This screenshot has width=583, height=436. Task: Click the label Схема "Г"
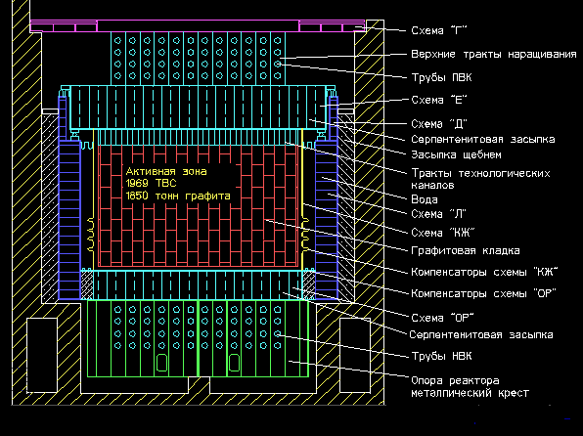439,30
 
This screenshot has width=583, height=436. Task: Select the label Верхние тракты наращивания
494,55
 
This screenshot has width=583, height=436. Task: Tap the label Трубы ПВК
441,77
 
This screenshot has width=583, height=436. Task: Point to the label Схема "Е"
439,100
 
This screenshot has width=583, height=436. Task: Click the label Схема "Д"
439,124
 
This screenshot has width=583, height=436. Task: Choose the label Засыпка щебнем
456,154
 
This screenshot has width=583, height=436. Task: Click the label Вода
425,199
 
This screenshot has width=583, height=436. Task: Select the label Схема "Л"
439,214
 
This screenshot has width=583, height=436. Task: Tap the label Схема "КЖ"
443,233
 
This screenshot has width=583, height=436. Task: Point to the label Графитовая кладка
466,250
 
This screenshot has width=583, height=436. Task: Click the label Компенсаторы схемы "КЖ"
484,272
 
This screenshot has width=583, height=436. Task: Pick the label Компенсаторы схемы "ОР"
483,293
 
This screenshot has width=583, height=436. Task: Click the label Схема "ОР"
442,318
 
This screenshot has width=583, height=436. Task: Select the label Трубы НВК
441,356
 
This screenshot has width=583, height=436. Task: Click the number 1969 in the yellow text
137,183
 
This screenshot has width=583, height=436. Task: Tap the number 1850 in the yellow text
137,196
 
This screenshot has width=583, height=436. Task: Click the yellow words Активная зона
166,171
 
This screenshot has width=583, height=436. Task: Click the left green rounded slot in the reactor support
161,363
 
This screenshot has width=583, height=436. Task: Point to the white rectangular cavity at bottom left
42,355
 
